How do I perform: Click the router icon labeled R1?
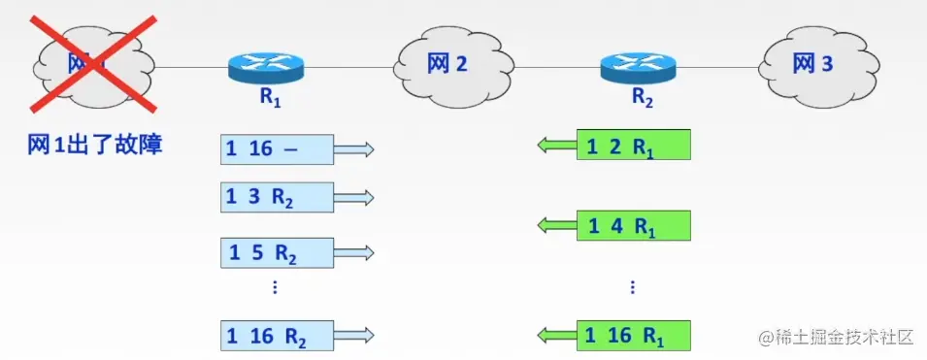[x=266, y=67]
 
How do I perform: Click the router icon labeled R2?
[x=637, y=67]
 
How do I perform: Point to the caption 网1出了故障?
[x=95, y=146]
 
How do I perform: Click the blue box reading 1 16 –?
[x=277, y=148]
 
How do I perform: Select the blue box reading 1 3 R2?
[x=277, y=197]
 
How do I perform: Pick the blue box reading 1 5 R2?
[x=277, y=253]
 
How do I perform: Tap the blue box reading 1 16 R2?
[x=277, y=336]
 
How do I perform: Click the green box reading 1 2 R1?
[x=634, y=146]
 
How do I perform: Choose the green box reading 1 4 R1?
[x=634, y=225]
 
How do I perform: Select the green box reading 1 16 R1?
[x=634, y=336]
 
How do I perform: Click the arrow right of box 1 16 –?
[x=354, y=148]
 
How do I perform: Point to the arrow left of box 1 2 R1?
[x=557, y=146]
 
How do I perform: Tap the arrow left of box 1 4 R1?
[x=557, y=225]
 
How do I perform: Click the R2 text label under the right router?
[x=643, y=97]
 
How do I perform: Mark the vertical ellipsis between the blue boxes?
[x=276, y=287]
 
